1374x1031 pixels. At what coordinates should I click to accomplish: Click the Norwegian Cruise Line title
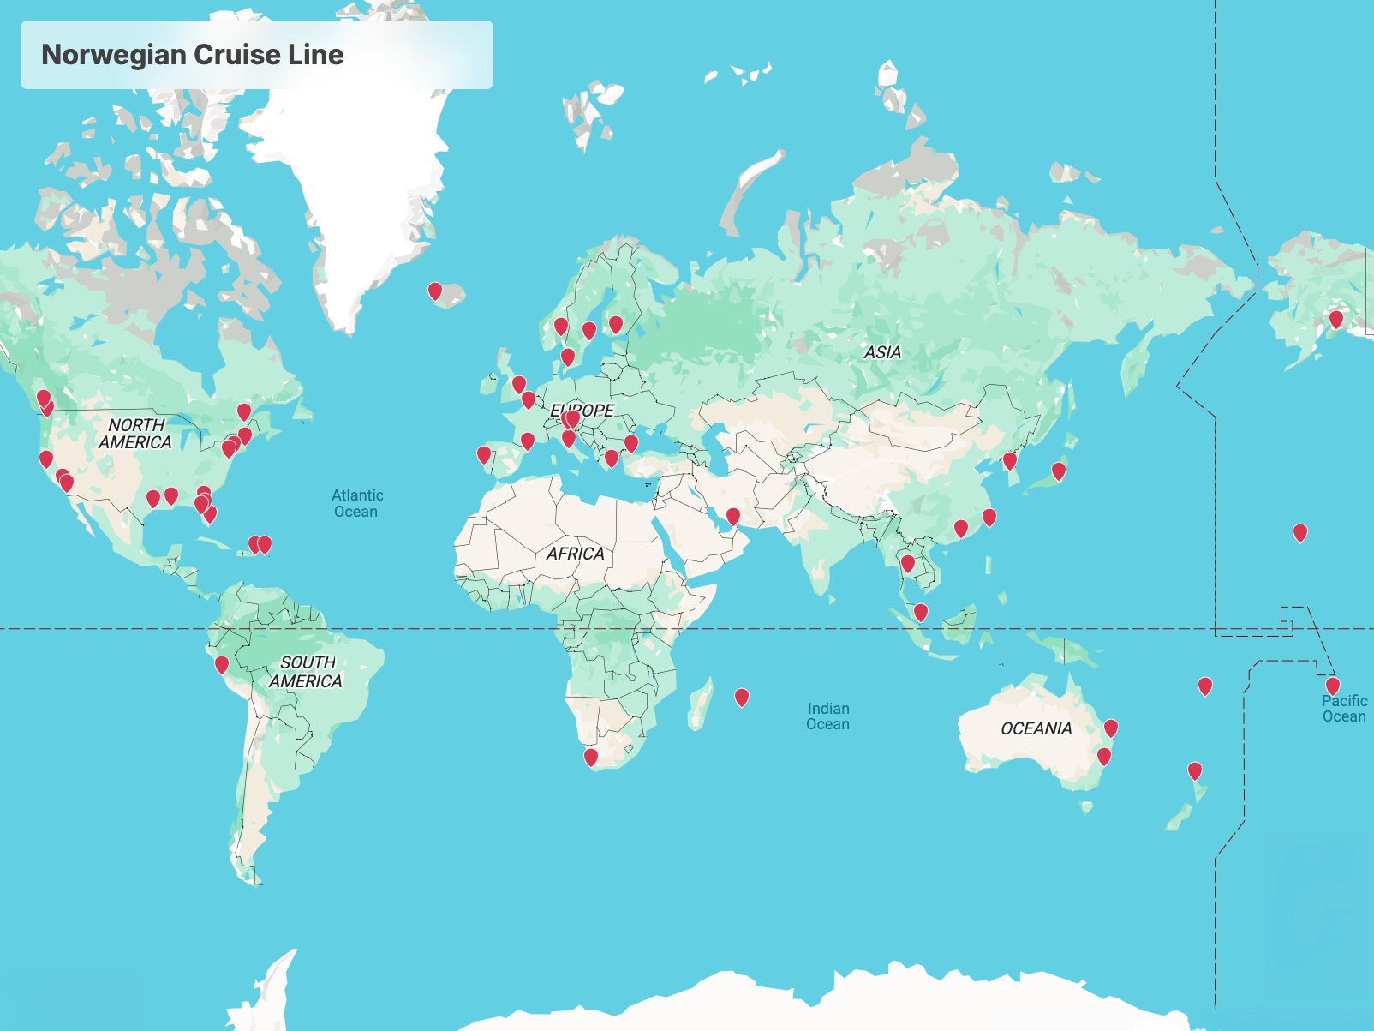click(193, 55)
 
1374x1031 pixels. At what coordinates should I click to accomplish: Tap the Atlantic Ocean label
click(356, 503)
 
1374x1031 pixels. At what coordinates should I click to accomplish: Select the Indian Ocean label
click(827, 716)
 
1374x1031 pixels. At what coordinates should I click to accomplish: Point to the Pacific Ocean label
click(1343, 709)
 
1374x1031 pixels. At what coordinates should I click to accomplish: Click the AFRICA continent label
click(576, 554)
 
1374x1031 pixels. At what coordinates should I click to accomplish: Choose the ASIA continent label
click(882, 352)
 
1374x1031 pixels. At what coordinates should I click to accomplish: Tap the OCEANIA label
click(1036, 728)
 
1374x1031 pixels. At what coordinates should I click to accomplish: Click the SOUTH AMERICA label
click(307, 672)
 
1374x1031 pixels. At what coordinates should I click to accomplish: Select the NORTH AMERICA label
click(135, 434)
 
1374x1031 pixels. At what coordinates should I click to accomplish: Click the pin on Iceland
click(435, 291)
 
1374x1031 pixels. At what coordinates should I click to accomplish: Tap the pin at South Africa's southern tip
click(590, 757)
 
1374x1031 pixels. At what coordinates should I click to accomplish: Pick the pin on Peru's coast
click(221, 664)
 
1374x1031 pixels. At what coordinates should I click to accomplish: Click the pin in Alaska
click(1335, 320)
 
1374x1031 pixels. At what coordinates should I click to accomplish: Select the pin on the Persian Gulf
click(733, 516)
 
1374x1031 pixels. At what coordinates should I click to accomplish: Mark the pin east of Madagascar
click(742, 698)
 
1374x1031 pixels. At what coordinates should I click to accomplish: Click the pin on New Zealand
click(1194, 770)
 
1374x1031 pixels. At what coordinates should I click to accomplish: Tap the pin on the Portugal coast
click(484, 454)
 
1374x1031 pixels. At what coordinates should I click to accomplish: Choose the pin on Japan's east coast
click(1059, 471)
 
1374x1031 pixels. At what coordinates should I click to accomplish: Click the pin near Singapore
click(921, 612)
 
